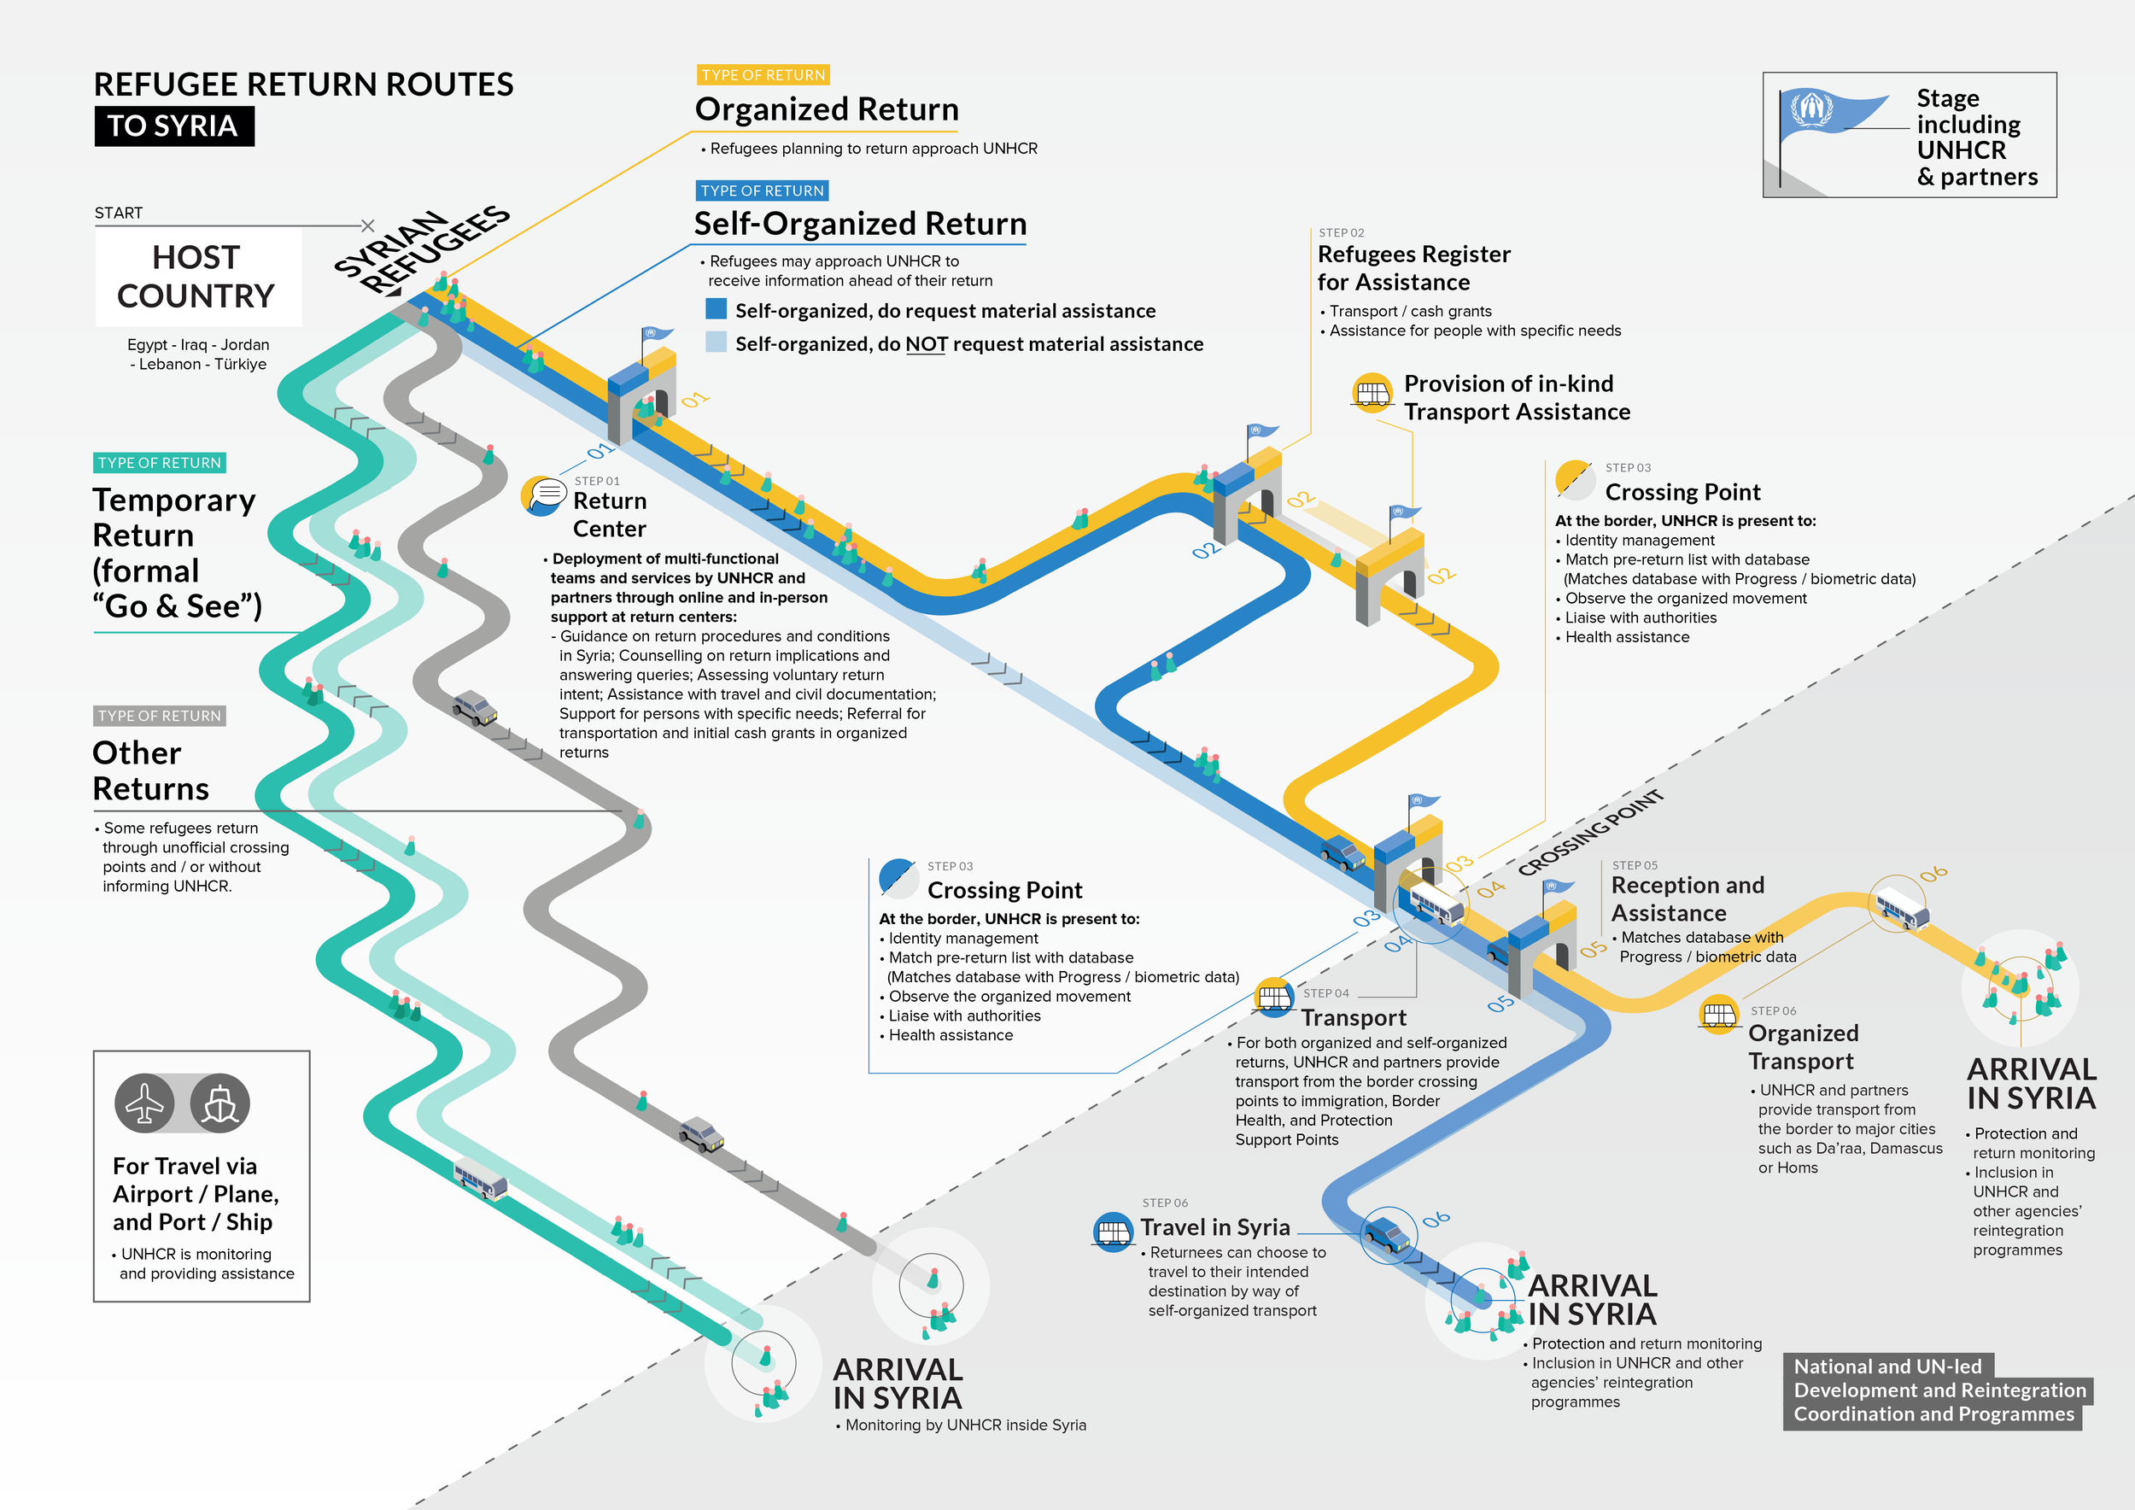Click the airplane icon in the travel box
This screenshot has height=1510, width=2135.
coord(144,1103)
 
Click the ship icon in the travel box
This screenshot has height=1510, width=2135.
coord(219,1103)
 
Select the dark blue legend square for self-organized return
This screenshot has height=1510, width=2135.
coord(716,308)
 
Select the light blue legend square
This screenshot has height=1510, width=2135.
coord(716,342)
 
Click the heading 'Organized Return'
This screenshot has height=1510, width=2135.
coord(827,109)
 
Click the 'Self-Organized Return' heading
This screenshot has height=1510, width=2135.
coord(860,224)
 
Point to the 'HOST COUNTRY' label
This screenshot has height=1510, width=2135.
coord(196,276)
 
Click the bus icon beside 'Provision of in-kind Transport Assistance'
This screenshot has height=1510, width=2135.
coord(1372,394)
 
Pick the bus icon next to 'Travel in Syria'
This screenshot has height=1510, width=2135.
coord(1113,1232)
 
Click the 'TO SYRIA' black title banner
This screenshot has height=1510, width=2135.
coord(174,126)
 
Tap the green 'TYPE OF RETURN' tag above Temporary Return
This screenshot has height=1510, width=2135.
coord(160,463)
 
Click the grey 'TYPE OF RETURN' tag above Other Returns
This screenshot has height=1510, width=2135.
coord(160,716)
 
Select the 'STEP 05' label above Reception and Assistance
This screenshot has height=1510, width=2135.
coord(1635,866)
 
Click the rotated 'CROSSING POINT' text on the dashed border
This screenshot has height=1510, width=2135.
coord(1591,833)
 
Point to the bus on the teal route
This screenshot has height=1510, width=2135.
coord(481,1179)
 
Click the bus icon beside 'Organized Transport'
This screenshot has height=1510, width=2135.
coord(1719,1015)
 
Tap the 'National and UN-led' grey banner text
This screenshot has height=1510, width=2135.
coord(1887,1366)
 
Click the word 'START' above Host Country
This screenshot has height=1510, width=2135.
coord(119,213)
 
